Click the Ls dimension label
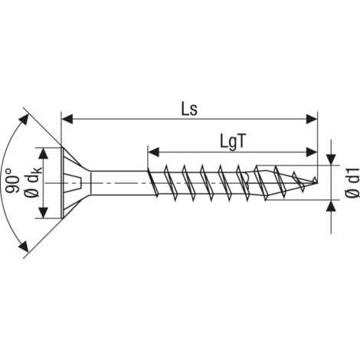[x=189, y=110]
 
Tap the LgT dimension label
[x=233, y=142]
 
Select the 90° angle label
[x=12, y=181]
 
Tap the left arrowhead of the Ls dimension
[x=67, y=119]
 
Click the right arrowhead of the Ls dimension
[x=312, y=119]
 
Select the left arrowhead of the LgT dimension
[x=153, y=152]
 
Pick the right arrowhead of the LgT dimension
[x=312, y=152]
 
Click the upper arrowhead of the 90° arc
[x=24, y=119]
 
